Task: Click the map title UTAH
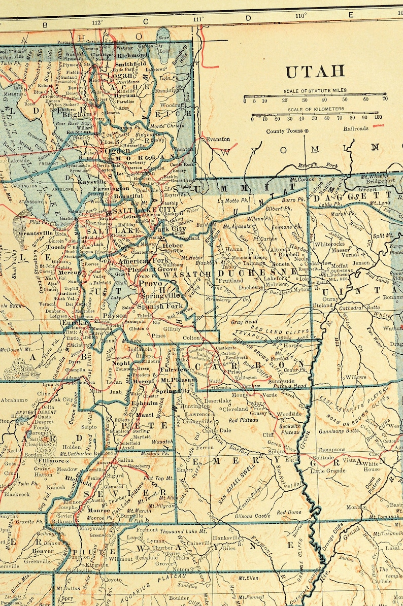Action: [x=315, y=72]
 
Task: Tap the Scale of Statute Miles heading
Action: [x=315, y=90]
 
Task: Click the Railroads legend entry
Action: [x=355, y=128]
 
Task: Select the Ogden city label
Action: [x=117, y=151]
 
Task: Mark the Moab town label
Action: [x=353, y=507]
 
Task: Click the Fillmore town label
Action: [x=50, y=461]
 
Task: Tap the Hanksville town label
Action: [x=226, y=537]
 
